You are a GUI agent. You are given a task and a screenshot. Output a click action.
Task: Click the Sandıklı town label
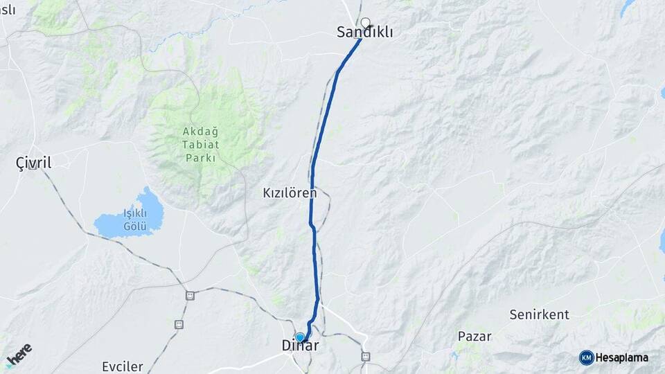pos(360,32)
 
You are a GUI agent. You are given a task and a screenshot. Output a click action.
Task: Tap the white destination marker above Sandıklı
pos(366,22)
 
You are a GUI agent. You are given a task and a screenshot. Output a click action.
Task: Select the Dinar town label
pos(300,345)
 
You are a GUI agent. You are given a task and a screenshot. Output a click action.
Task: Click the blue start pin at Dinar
pos(299,337)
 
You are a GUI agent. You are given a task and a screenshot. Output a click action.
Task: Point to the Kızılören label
pos(289,193)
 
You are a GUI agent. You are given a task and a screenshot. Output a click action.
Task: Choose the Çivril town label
pos(33,163)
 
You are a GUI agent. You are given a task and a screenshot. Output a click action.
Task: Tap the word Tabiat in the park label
pos(201,145)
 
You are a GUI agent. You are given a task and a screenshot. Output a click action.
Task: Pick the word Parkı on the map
pos(201,158)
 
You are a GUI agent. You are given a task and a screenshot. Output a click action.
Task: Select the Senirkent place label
pos(539,314)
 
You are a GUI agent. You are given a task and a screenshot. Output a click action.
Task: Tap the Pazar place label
pos(474,337)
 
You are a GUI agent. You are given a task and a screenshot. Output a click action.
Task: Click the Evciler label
pos(122,366)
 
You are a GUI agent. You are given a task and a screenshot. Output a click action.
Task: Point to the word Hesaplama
pos(622,357)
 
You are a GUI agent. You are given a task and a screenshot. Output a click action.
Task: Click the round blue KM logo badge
pos(586,357)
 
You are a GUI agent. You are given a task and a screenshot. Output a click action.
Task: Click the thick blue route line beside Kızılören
pos(312,208)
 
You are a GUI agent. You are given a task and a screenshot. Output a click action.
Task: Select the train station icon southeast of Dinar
pos(365,357)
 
